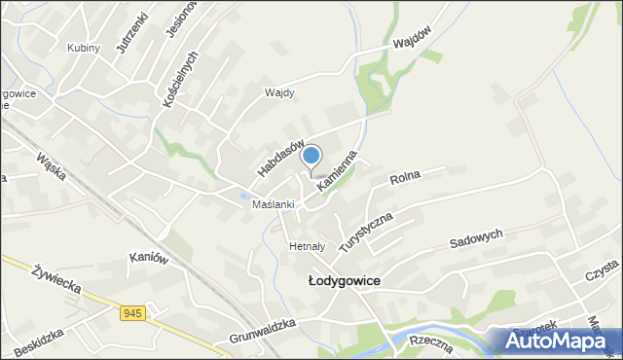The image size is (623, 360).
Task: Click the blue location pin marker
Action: (x=311, y=155)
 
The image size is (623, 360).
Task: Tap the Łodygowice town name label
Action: (x=344, y=280)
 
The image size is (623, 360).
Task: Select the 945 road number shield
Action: (x=134, y=313)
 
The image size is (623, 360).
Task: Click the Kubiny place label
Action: (x=84, y=48)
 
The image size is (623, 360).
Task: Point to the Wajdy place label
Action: (x=279, y=93)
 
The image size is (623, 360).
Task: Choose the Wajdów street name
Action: (x=412, y=43)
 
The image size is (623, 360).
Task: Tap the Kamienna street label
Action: (x=338, y=169)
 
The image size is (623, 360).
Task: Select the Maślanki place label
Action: (x=273, y=204)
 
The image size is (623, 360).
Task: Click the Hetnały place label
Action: (x=308, y=247)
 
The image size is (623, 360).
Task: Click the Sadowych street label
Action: (x=476, y=239)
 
